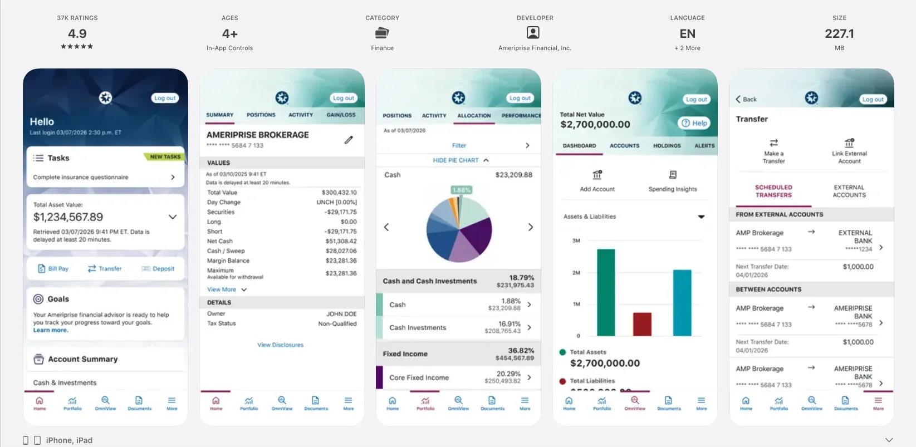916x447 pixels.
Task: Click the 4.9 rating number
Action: [77, 34]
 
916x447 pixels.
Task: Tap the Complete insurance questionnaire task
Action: [81, 177]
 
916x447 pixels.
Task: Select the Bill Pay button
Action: [53, 269]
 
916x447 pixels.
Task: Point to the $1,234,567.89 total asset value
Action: [68, 217]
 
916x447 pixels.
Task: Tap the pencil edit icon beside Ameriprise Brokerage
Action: [349, 140]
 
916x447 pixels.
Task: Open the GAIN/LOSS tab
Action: [341, 115]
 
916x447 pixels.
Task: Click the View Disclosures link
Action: [280, 345]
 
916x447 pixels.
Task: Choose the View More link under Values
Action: [222, 289]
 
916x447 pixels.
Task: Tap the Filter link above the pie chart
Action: [459, 145]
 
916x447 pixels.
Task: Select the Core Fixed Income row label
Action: [419, 377]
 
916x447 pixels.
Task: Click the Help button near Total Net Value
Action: [694, 123]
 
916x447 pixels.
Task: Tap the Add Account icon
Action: [597, 175]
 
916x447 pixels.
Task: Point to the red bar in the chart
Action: [642, 324]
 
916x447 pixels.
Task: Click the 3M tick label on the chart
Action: [576, 240]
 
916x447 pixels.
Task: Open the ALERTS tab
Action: [704, 146]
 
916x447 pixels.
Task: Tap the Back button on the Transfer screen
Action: [746, 99]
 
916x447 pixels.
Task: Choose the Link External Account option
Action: [849, 151]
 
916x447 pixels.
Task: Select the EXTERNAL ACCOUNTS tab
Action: [849, 191]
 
